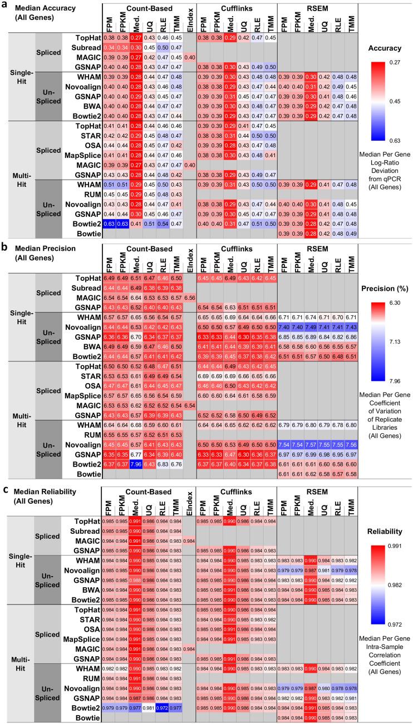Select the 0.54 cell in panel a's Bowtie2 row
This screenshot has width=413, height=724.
coord(164,224)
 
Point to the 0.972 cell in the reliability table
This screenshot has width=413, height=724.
coord(164,707)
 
